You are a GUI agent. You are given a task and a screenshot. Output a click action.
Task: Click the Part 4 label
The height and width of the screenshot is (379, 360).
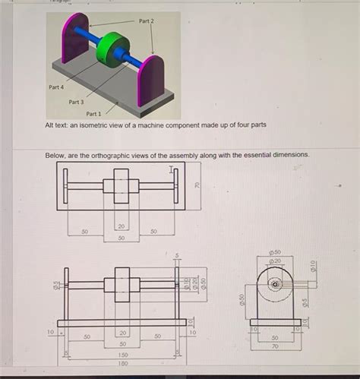pyautogui.click(x=55, y=87)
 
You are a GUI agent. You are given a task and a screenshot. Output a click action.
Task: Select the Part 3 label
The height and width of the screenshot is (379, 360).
pyautogui.click(x=77, y=101)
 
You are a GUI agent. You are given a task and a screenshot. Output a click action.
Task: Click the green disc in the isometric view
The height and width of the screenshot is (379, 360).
pyautogui.click(x=115, y=49)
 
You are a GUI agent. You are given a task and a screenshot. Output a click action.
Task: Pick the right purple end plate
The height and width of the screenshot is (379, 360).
pyautogui.click(x=149, y=81)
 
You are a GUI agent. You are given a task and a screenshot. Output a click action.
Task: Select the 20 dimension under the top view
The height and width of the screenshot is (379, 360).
pyautogui.click(x=122, y=226)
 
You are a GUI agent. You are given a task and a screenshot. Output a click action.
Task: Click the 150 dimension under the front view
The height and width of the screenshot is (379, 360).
pyautogui.click(x=122, y=354)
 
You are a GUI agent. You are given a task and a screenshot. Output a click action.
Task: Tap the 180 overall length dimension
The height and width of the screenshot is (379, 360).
pyautogui.click(x=122, y=364)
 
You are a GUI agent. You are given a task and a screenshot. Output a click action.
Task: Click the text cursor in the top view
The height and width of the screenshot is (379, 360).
pyautogui.click(x=172, y=169)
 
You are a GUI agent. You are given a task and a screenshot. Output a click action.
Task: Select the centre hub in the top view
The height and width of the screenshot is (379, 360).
pyautogui.click(x=122, y=186)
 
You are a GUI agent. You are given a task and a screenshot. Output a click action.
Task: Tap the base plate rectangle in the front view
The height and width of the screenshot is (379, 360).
pyautogui.click(x=122, y=322)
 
